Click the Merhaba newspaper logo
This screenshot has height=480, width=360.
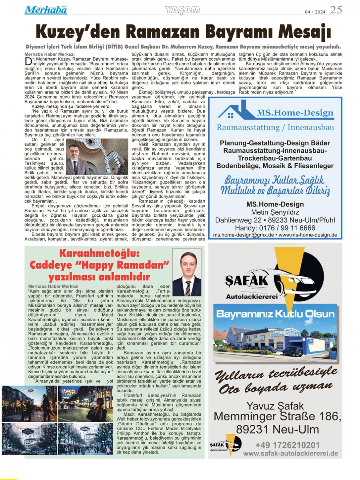[45, 10]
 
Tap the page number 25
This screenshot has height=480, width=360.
[336, 10]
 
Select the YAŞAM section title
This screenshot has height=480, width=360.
[183, 10]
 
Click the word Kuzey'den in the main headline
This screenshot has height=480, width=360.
[78, 32]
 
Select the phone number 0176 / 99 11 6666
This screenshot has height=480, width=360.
[275, 228]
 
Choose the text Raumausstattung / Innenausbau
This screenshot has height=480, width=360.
[275, 128]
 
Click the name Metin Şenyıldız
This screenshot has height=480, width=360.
[275, 212]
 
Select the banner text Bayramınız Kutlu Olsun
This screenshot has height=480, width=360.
[275, 314]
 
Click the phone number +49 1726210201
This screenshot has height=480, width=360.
[287, 445]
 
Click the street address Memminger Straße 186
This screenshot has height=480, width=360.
[277, 416]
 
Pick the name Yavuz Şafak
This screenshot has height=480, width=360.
[275, 406]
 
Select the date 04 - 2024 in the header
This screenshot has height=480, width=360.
[315, 12]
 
